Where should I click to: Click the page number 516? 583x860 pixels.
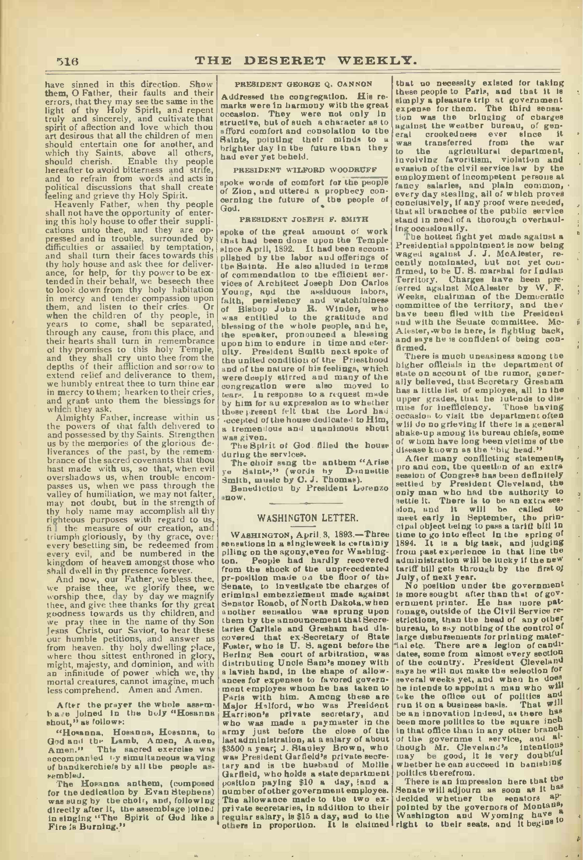[x=68, y=60]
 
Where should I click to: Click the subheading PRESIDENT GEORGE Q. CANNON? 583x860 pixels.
[x=303, y=84]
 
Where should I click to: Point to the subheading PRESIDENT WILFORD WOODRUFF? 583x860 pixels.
[x=305, y=170]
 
